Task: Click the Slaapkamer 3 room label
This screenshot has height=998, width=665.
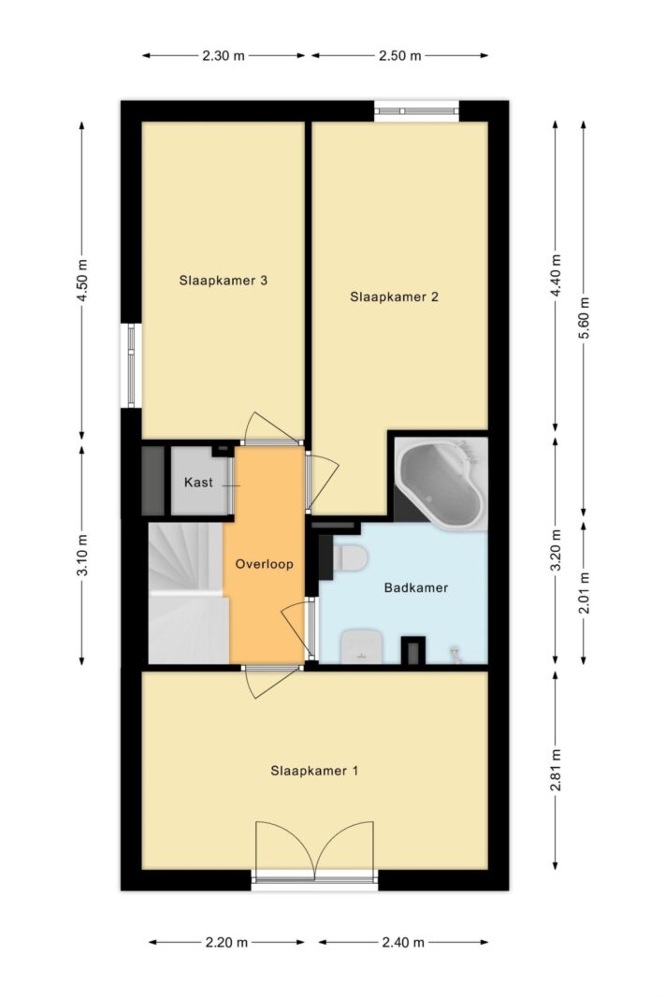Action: coord(224,280)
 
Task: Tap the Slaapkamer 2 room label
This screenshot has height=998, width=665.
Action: coord(394,297)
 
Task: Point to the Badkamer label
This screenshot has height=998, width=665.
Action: coord(416,588)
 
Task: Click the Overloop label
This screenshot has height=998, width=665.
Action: coord(265,565)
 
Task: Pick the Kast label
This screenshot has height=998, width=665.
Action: coord(198,483)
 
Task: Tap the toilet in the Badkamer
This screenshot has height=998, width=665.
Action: coord(350,558)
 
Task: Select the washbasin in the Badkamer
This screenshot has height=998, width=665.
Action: coord(359,646)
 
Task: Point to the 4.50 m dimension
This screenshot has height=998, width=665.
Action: coord(82,281)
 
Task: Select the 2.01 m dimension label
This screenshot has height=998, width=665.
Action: coord(585,591)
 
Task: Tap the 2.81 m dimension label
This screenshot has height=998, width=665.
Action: coord(557,770)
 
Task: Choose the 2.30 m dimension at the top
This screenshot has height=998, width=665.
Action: coord(224,55)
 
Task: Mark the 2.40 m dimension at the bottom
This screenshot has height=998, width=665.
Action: coord(402,942)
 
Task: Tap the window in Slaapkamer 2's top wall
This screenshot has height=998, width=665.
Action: coord(416,110)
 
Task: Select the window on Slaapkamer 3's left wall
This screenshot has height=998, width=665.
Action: coord(132,366)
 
